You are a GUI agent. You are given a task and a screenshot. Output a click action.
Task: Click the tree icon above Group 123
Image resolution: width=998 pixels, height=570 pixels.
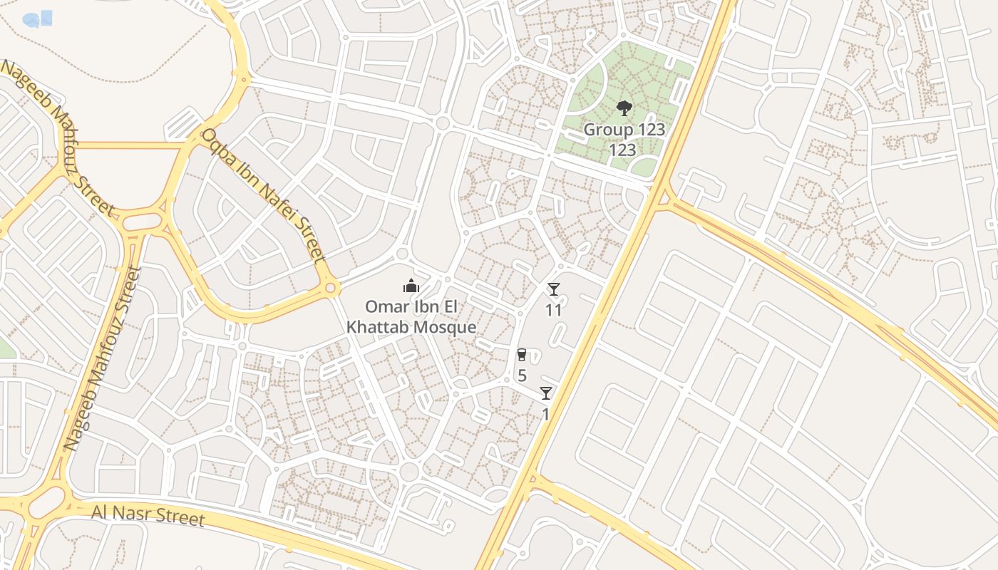tap(624, 108)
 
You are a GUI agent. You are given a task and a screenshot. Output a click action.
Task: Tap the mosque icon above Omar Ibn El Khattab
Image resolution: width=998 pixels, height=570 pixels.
tap(411, 286)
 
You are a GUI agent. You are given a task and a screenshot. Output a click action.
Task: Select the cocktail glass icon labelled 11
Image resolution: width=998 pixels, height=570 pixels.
tap(554, 289)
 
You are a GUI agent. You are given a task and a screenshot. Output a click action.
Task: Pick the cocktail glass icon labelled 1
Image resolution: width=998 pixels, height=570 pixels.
tap(546, 393)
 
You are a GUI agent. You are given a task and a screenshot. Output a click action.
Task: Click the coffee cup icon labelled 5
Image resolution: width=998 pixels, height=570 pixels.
tap(522, 355)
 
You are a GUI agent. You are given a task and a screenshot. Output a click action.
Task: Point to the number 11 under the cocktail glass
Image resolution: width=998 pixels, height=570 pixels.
tap(554, 310)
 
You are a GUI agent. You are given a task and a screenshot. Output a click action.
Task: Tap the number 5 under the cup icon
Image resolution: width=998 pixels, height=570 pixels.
tap(522, 375)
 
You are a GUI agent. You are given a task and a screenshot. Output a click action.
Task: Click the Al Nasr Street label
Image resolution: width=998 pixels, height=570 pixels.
tap(148, 514)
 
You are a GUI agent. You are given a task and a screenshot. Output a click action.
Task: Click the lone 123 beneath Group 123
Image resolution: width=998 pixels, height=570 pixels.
tap(622, 150)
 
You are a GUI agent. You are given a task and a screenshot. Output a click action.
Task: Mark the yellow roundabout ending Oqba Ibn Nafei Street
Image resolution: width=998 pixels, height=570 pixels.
tap(329, 289)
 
